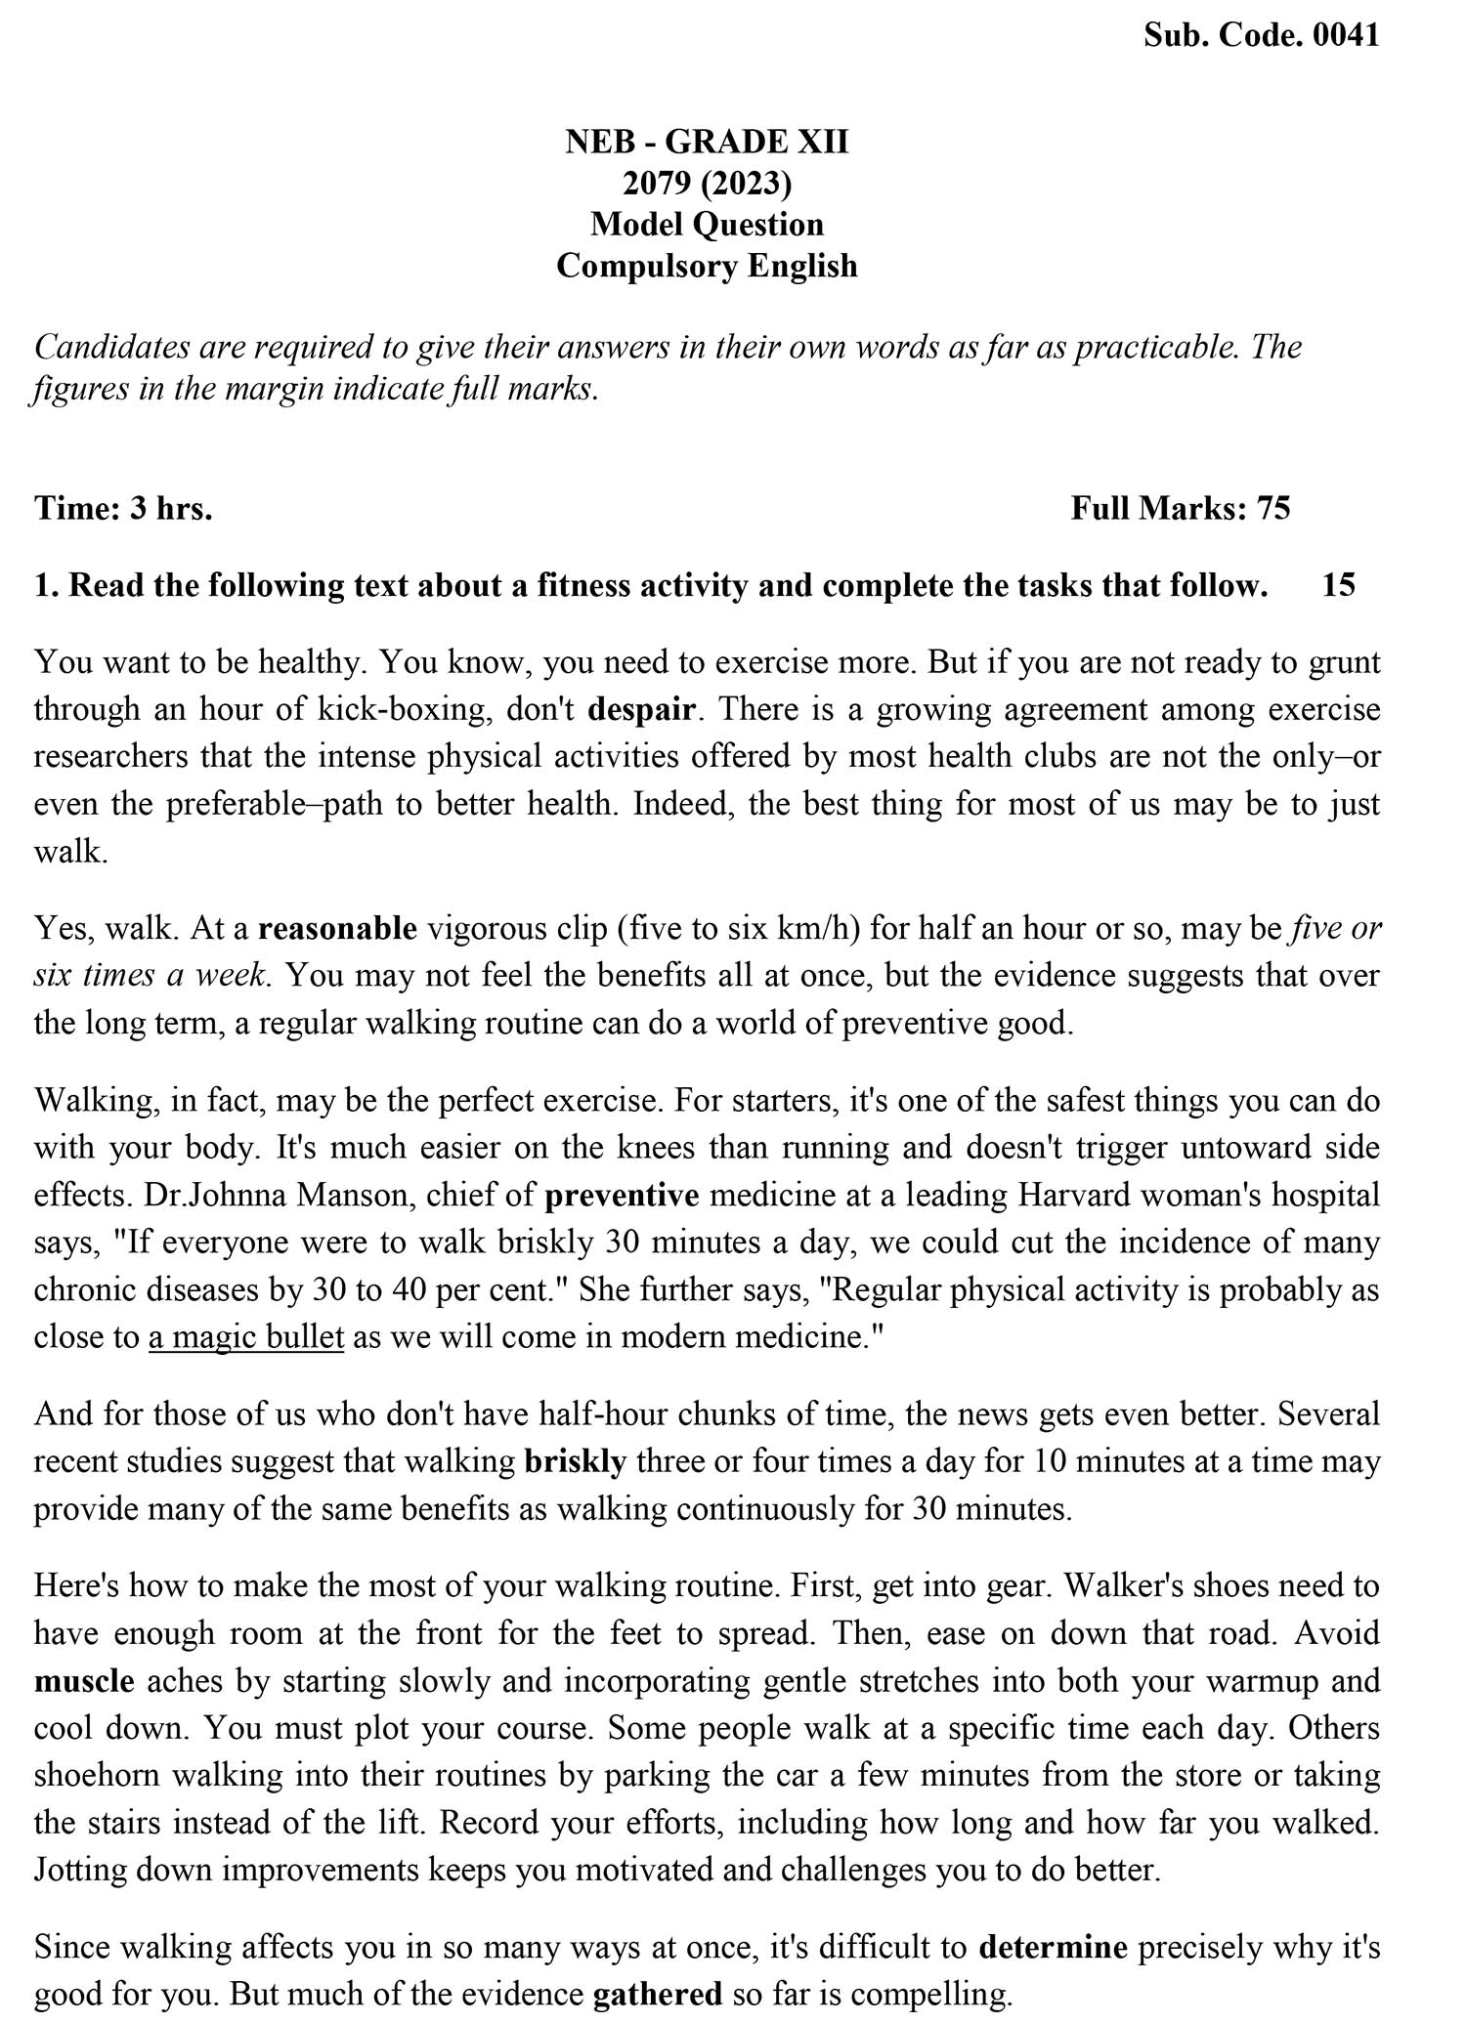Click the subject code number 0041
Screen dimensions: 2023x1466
pyautogui.click(x=1347, y=35)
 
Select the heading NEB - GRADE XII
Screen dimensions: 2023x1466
pyautogui.click(x=707, y=143)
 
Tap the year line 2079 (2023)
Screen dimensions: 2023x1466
pyautogui.click(x=707, y=184)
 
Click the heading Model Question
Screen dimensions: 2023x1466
pyautogui.click(x=707, y=225)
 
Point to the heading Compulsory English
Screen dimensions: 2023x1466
pyautogui.click(x=707, y=266)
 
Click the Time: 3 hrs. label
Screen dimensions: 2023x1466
pyautogui.click(x=123, y=508)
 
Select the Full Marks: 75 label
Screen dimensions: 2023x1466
pyautogui.click(x=1181, y=508)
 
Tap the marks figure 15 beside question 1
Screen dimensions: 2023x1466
pyautogui.click(x=1338, y=585)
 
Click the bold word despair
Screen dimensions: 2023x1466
pyautogui.click(x=641, y=709)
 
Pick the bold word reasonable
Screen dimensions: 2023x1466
pyautogui.click(x=337, y=928)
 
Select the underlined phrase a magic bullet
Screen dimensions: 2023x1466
pyautogui.click(x=246, y=1337)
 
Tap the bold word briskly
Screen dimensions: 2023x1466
pyautogui.click(x=575, y=1462)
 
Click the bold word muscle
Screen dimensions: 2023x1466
pyautogui.click(x=84, y=1681)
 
